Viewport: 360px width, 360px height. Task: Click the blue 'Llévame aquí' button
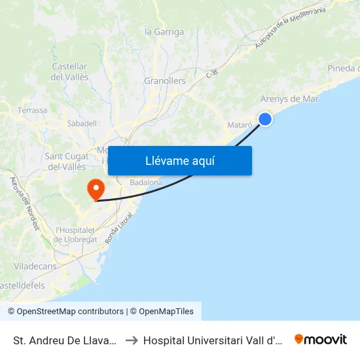click(x=179, y=160)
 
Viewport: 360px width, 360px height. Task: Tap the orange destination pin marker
click(x=96, y=189)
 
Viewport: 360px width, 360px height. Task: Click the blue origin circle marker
click(x=265, y=118)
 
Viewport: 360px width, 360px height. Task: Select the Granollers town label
click(x=164, y=81)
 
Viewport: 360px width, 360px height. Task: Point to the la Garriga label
click(x=164, y=31)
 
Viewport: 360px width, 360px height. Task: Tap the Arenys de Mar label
click(x=289, y=99)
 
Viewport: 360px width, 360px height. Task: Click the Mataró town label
click(x=240, y=124)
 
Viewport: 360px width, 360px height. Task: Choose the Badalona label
click(x=146, y=183)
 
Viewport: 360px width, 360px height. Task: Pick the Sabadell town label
click(x=82, y=123)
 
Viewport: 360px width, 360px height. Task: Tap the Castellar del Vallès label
click(x=70, y=71)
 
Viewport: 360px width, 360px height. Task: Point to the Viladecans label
click(x=35, y=266)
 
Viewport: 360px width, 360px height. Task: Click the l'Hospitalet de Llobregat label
click(x=76, y=234)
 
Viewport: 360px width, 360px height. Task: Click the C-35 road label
click(x=211, y=74)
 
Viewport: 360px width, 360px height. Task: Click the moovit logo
click(x=321, y=340)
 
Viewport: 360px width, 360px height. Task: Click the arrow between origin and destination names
click(x=132, y=340)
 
